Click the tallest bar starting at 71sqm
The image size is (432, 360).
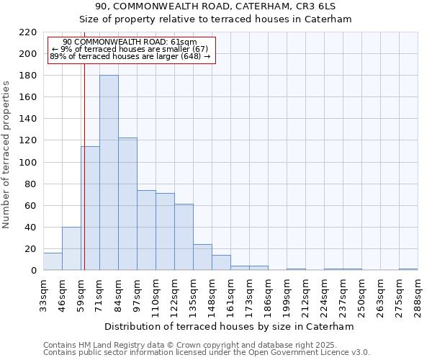pos(109,173)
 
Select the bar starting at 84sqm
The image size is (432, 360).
pos(127,204)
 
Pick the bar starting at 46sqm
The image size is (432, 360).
pos(71,248)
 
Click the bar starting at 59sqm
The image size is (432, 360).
pos(90,208)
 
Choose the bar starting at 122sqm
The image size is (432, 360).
pos(184,237)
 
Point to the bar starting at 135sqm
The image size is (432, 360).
pos(202,257)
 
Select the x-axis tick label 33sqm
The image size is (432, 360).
pos(43,295)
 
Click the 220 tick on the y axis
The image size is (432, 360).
pos(28,32)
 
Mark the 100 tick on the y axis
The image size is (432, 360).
pos(28,162)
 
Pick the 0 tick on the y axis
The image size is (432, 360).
pos(34,271)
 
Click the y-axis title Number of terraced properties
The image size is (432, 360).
pos(7,155)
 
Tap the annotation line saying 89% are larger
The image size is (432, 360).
pos(130,56)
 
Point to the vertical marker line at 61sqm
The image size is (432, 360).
pos(84,180)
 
